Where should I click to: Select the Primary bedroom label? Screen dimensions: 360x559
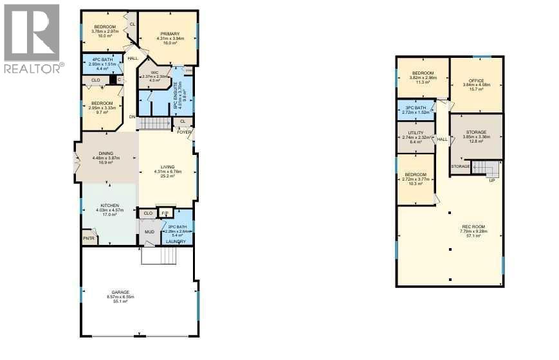pyautogui.click(x=170, y=33)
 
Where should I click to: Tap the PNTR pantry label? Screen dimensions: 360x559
pyautogui.click(x=89, y=239)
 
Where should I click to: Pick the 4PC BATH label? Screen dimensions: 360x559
pyautogui.click(x=102, y=60)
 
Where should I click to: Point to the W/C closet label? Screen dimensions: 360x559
pyautogui.click(x=154, y=72)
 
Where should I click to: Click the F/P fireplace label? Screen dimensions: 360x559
pyautogui.click(x=165, y=213)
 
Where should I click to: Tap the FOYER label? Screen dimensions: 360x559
pyautogui.click(x=185, y=132)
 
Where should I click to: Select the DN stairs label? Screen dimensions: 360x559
pyautogui.click(x=133, y=116)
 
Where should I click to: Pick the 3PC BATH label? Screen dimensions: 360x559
pyautogui.click(x=416, y=108)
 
